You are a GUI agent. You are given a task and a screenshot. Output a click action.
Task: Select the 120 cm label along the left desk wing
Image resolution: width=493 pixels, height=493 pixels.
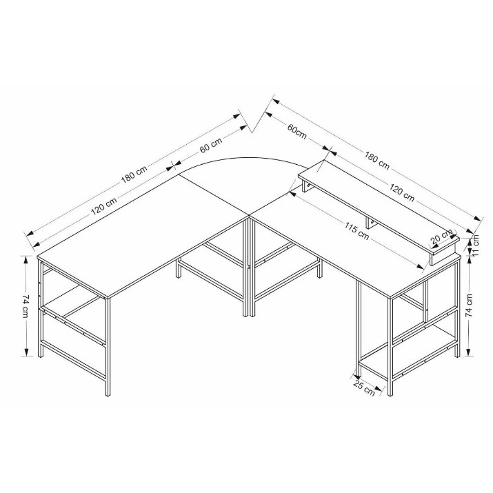(104, 205)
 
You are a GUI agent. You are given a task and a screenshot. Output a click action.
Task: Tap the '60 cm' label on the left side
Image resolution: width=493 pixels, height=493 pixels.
(211, 144)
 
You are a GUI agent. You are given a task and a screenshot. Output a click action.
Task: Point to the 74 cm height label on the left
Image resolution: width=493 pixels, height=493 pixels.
(26, 306)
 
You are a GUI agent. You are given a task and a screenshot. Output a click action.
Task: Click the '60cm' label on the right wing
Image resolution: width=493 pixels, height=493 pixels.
(296, 132)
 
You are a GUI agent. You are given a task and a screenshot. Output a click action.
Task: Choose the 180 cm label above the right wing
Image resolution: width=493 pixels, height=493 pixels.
(377, 161)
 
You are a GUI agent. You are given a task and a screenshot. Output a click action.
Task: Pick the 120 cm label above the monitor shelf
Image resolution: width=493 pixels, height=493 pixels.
(402, 192)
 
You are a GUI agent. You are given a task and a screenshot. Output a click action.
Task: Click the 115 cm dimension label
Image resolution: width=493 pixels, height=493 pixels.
(356, 231)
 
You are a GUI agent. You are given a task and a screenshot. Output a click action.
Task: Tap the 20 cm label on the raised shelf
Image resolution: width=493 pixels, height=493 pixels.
(442, 237)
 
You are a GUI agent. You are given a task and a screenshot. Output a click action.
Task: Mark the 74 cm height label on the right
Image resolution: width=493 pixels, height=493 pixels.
(468, 305)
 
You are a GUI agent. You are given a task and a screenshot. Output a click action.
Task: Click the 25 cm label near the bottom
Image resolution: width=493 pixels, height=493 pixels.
(364, 388)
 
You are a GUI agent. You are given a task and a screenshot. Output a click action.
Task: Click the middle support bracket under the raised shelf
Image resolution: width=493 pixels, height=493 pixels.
(370, 223)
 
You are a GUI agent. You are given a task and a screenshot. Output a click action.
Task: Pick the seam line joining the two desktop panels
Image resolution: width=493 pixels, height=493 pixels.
(214, 194)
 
